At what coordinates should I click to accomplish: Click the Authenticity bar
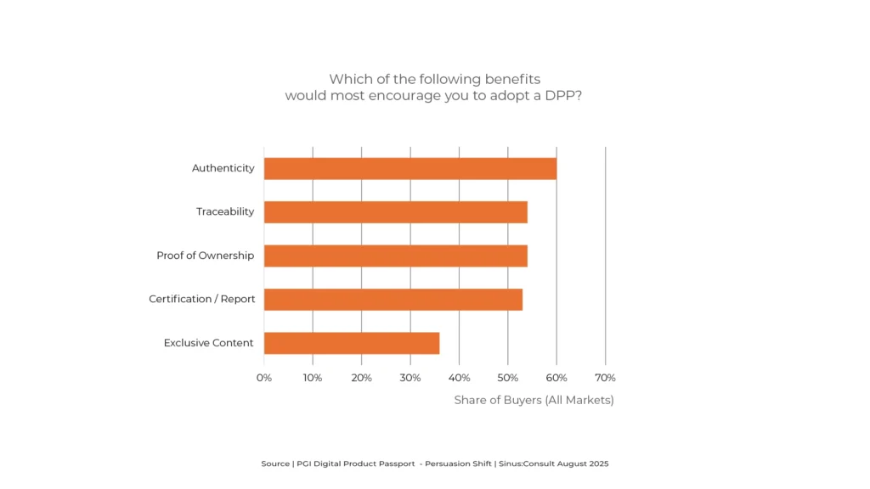(x=410, y=168)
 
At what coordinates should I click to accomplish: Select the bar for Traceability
(x=396, y=212)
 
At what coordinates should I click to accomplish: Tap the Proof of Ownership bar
(x=396, y=256)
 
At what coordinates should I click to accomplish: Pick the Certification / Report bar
(x=393, y=300)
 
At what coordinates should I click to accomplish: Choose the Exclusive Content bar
(x=352, y=343)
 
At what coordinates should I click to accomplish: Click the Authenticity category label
(x=223, y=168)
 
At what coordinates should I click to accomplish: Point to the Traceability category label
(x=225, y=211)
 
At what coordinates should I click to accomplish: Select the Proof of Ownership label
(x=205, y=256)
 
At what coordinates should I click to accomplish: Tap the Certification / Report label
(x=201, y=300)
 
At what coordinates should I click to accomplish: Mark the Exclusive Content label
(x=208, y=343)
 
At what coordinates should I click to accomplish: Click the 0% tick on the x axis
(x=264, y=377)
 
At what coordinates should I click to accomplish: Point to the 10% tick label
(x=313, y=377)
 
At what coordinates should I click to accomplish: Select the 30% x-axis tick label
(x=410, y=377)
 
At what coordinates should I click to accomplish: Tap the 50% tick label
(x=508, y=377)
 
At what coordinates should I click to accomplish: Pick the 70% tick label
(x=605, y=377)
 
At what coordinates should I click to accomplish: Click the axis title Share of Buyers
(x=534, y=400)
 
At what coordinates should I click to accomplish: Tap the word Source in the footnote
(x=275, y=464)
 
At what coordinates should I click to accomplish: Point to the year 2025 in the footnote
(x=599, y=464)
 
